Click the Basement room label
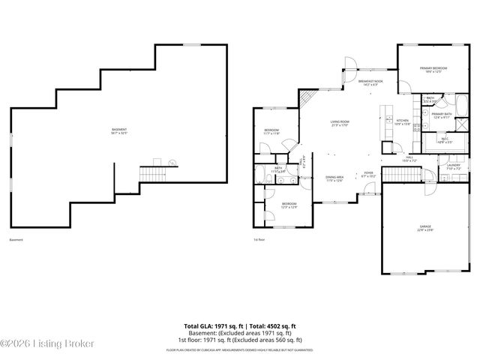coord(118,130)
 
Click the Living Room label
coord(340,123)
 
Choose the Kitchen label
coord(402,121)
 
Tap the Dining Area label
coord(334,179)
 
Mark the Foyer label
coord(368,174)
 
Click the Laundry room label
coord(453,167)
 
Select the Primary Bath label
coord(441,115)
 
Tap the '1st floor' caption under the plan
coord(259,240)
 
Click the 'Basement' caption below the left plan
coord(16,240)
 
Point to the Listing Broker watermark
coord(48,343)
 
